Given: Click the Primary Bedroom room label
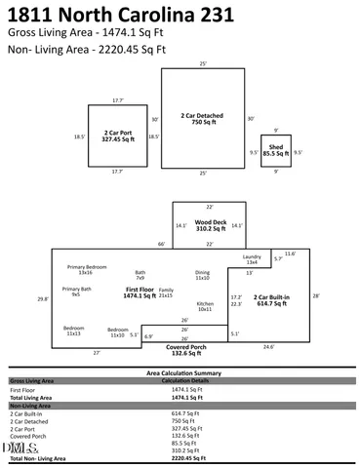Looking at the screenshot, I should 87,267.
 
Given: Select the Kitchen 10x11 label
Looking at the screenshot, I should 205,306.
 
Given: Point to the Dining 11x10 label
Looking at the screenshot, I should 202,275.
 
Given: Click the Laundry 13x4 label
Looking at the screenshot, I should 252,259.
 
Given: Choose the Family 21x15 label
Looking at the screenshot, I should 166,292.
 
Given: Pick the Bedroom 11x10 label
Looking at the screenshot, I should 116,332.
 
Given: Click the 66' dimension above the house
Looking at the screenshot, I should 161,244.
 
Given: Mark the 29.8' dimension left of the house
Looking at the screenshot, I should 42,299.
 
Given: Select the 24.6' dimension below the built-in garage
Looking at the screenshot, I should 268,346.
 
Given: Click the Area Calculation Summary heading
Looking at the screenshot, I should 180,372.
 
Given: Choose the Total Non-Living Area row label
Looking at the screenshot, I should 38,457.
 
